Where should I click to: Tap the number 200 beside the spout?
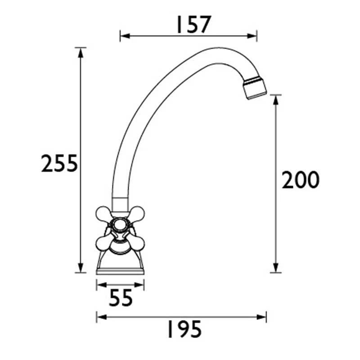[x=300, y=180]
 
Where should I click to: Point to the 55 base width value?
[x=120, y=298]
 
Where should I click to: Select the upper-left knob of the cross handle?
[x=103, y=213]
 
